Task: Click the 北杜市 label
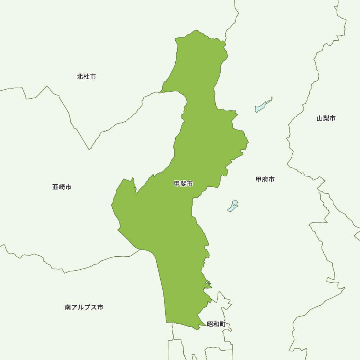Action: click(86, 77)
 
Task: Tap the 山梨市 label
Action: click(326, 118)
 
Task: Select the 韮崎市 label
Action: click(62, 187)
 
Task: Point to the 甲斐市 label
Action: click(184, 184)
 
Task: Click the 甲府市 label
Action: click(265, 179)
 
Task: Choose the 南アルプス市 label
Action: click(84, 307)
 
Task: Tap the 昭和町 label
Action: click(216, 324)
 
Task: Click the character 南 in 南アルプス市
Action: click(68, 307)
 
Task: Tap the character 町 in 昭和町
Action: click(223, 324)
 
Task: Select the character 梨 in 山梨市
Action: click(326, 118)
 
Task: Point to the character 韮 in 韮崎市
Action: click(55, 187)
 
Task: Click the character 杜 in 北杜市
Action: click(86, 77)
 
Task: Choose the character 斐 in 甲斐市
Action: click(184, 184)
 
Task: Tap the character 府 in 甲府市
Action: click(265, 179)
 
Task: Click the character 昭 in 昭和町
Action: click(210, 324)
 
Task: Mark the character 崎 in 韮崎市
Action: click(62, 187)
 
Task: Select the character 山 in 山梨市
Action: click(320, 118)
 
